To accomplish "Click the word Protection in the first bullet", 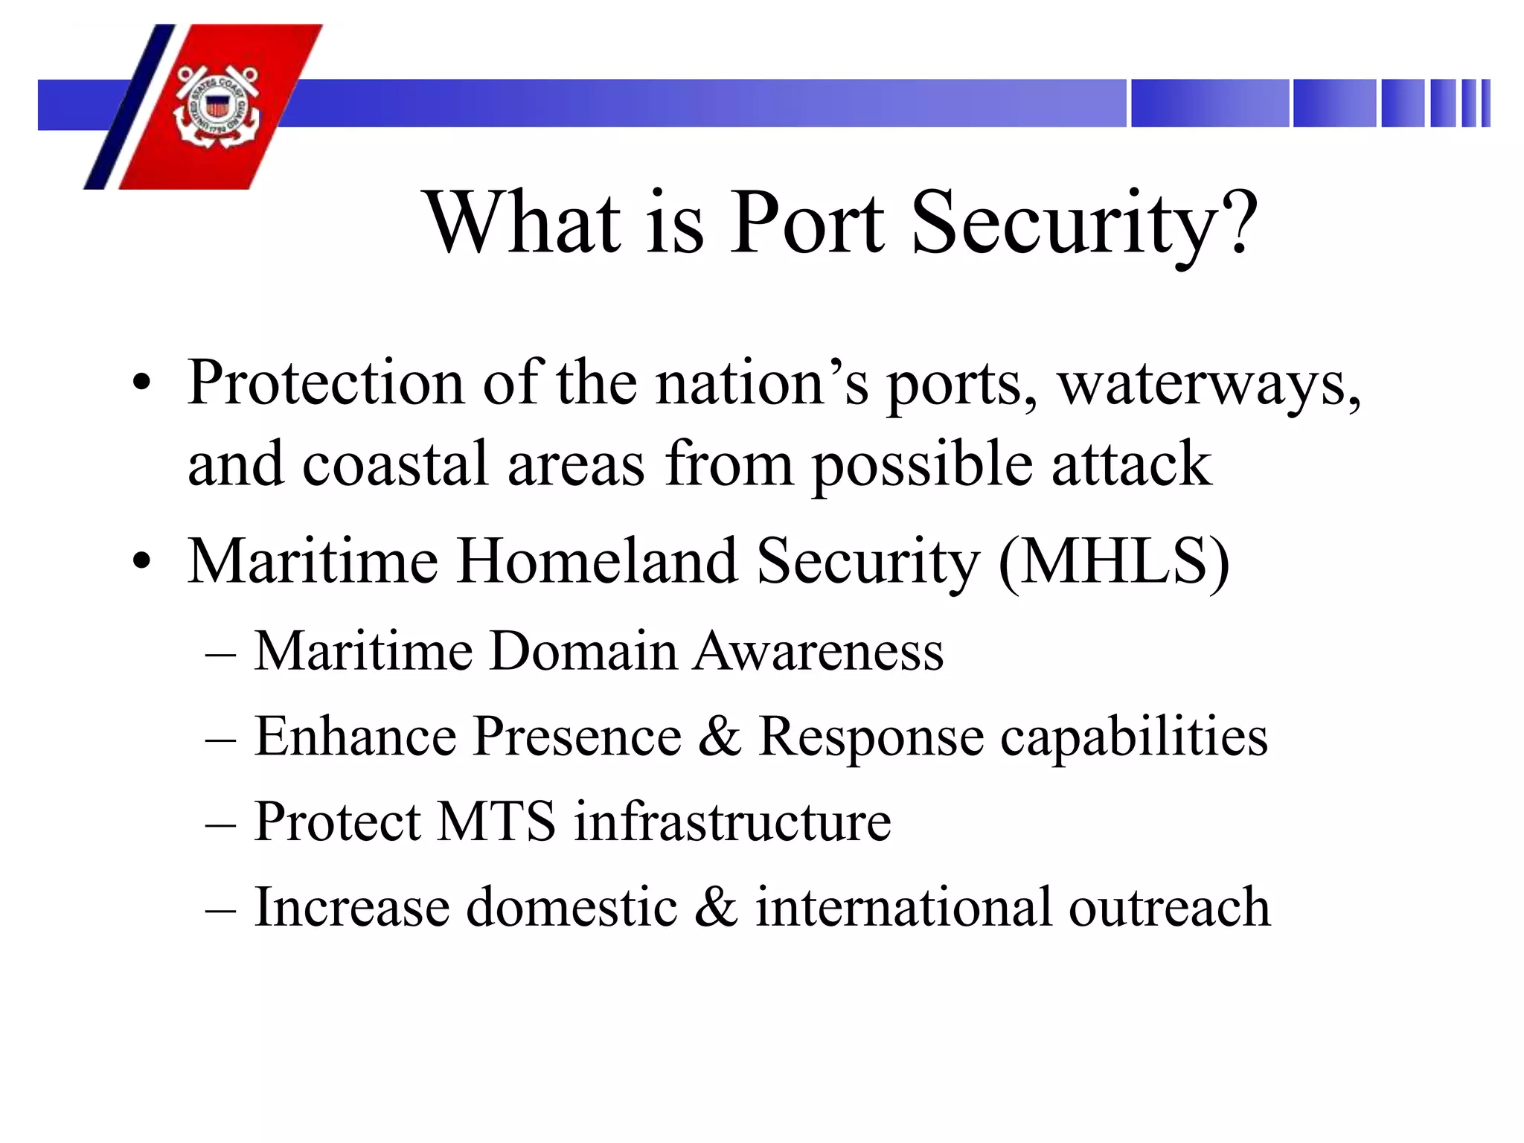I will (x=326, y=382).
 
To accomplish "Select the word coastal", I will (x=395, y=464).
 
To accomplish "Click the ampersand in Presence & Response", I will (x=720, y=736).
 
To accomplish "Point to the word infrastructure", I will (x=732, y=821).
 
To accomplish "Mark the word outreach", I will (x=1170, y=906).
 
